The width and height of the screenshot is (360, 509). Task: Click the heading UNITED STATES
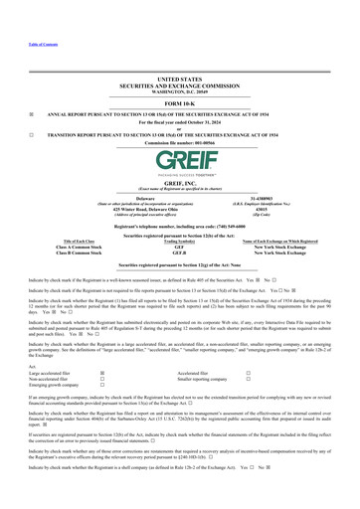[x=180, y=78]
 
